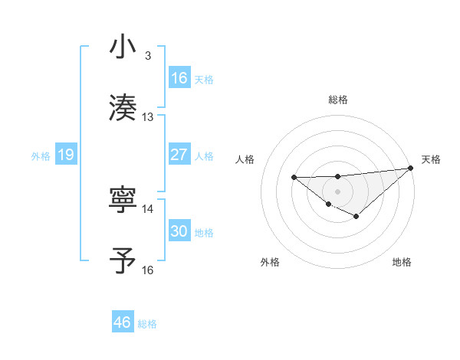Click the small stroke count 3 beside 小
coord(147,57)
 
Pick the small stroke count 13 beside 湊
coord(148,117)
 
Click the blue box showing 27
coord(179,155)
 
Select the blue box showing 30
coord(179,231)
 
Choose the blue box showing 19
coord(65,155)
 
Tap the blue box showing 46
coord(123,322)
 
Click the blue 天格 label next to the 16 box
coord(204,79)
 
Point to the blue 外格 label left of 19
coord(41,155)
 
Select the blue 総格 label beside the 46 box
coord(147,323)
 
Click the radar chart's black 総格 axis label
coord(338,100)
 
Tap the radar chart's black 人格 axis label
coord(245,159)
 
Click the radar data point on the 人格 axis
coord(294,178)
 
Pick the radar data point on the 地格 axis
coord(356,217)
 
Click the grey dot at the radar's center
coord(337,191)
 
